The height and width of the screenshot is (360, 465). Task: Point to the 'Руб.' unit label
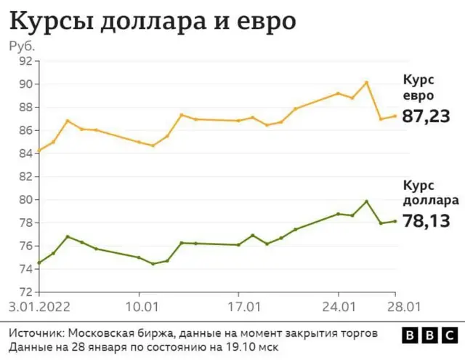tap(21, 46)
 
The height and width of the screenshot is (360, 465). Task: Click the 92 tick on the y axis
tap(24, 61)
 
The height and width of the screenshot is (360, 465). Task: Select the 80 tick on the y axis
tap(24, 199)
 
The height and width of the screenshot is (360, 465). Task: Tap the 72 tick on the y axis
tap(24, 292)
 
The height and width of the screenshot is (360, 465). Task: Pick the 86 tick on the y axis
tap(24, 130)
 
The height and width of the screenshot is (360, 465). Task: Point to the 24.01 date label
tap(339, 306)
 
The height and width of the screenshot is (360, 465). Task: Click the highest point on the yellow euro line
tap(367, 82)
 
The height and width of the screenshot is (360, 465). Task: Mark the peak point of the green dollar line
tap(367, 201)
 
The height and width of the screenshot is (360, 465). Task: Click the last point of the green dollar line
tap(395, 221)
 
